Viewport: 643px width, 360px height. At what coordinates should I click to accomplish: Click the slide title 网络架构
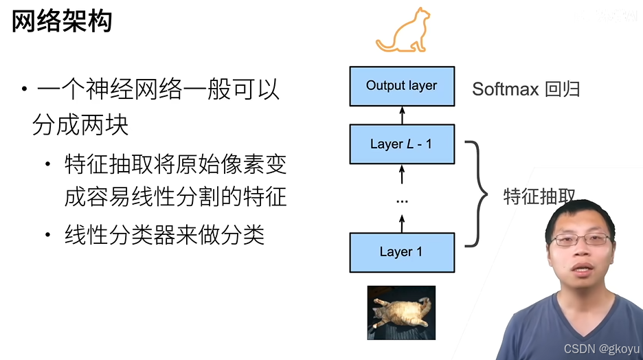62,22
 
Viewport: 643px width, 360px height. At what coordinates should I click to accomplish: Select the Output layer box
402,86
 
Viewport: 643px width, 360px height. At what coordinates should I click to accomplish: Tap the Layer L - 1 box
402,144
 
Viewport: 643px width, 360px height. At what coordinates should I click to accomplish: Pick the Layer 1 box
402,252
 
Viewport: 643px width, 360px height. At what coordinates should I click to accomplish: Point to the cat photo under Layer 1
401,313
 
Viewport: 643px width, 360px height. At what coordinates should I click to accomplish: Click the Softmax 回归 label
526,89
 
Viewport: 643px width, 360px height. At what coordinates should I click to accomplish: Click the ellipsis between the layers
403,201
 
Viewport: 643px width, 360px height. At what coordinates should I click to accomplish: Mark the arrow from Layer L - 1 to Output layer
403,115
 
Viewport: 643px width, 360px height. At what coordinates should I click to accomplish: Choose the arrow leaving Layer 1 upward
403,223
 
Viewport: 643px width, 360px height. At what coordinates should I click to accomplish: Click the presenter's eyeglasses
581,240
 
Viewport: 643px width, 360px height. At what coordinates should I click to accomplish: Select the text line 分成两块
81,125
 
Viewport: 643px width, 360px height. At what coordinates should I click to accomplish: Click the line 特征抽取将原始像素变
175,165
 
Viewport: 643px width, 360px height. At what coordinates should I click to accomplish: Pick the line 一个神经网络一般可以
158,90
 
